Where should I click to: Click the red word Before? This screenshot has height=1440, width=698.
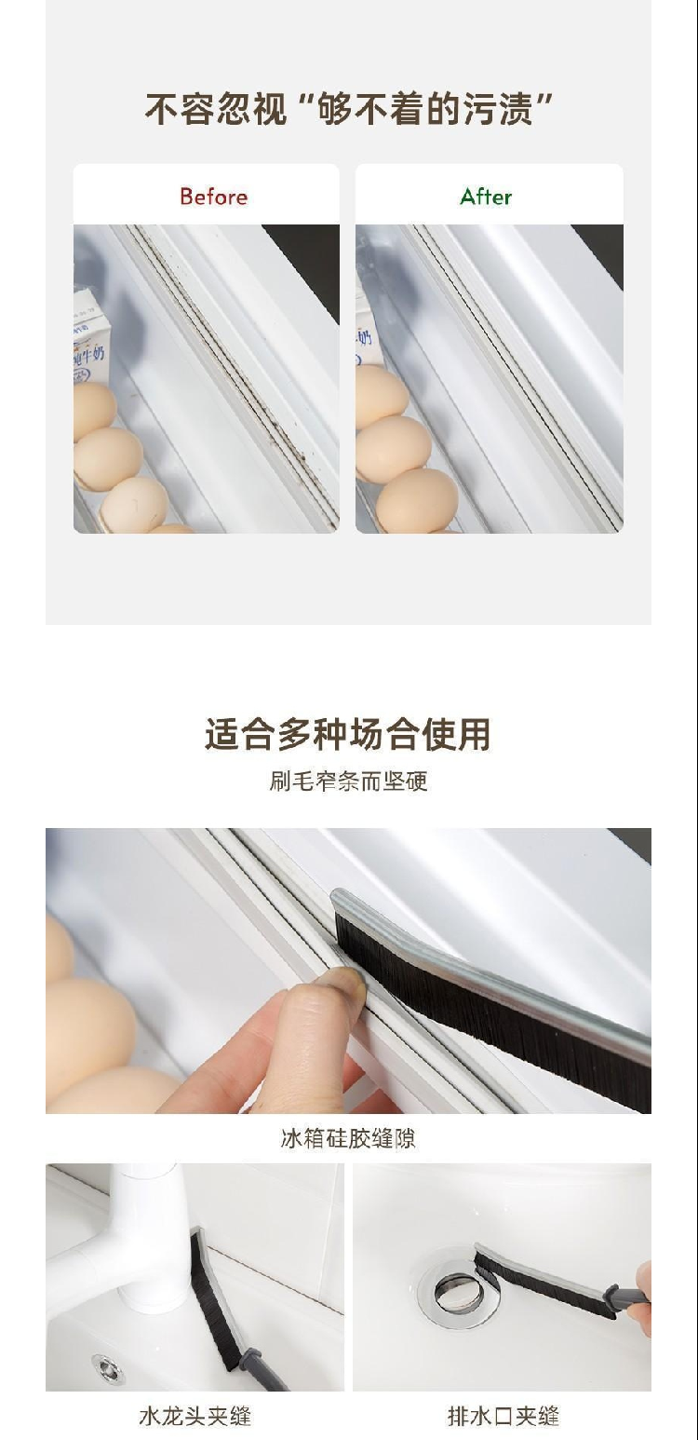point(213,197)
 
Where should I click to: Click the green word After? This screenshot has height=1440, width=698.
point(486,197)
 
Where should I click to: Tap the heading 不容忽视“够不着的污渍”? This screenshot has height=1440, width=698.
point(349,109)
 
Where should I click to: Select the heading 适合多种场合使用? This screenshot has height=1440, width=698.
point(348,734)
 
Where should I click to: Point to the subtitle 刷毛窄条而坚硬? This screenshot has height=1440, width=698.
point(348,781)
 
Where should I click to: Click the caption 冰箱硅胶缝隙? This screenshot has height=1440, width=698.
point(348,1138)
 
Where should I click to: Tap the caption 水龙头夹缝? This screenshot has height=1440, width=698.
point(195,1416)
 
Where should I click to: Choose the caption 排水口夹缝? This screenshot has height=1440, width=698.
point(503,1416)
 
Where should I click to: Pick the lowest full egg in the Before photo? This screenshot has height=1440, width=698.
point(134,505)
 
